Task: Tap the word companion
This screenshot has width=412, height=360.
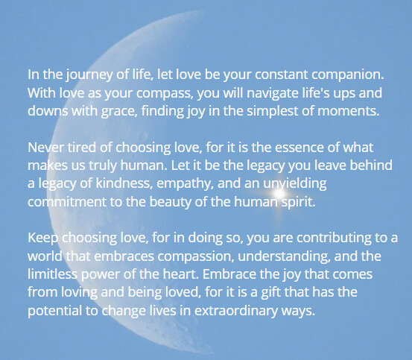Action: click(348, 75)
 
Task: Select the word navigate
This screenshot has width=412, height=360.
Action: click(273, 93)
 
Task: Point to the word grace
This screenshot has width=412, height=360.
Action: click(119, 111)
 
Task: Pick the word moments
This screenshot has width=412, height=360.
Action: click(349, 111)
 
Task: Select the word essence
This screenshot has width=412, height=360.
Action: click(300, 148)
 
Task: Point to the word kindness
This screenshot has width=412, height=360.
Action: click(124, 183)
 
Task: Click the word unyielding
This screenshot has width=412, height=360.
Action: click(295, 184)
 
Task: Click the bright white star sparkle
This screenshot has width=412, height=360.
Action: click(279, 194)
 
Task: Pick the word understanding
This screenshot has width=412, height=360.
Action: click(284, 256)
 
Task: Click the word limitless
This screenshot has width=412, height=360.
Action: click(53, 274)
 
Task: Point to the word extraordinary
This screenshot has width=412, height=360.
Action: click(236, 311)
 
